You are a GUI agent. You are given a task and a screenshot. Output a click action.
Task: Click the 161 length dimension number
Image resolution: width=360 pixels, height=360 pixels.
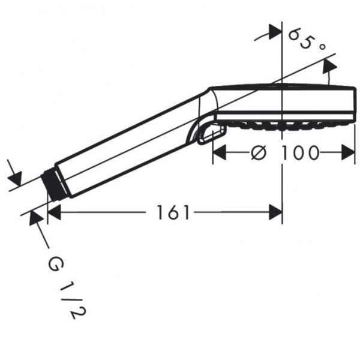[173, 212]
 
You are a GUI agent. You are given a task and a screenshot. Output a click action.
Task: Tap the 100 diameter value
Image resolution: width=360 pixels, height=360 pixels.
[300, 152]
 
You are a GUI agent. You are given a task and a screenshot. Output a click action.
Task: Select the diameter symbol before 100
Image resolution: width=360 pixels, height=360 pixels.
[259, 152]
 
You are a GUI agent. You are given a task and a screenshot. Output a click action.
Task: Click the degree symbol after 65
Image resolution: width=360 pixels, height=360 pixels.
[322, 47]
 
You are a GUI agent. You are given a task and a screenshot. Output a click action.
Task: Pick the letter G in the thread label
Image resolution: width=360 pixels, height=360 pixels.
[56, 265]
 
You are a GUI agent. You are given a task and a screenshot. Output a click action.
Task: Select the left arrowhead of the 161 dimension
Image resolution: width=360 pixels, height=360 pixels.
[54, 212]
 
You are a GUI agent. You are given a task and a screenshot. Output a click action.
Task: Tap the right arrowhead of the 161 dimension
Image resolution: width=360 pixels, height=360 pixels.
[275, 212]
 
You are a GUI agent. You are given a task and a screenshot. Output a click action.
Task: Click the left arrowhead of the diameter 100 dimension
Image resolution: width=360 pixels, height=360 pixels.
[220, 152]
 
